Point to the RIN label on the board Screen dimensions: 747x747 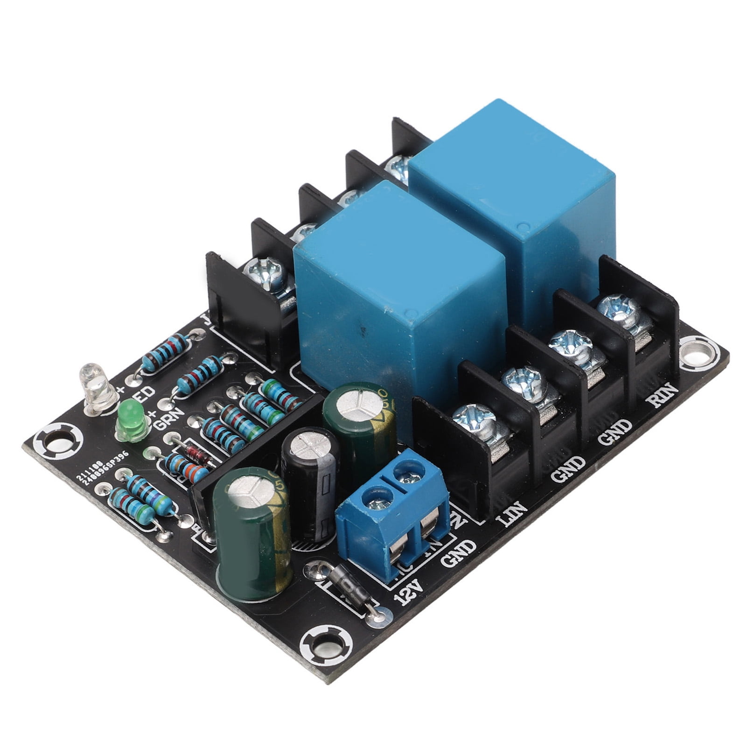pos(662,394)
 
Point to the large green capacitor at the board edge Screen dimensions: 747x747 pos(252,532)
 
